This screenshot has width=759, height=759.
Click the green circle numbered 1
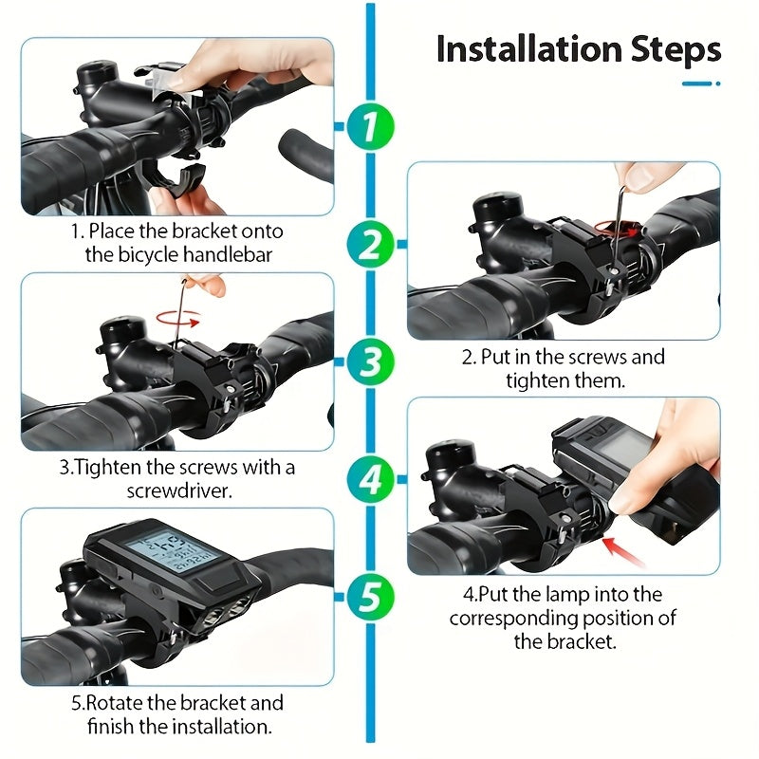(369, 127)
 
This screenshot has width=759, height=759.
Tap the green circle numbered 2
(369, 245)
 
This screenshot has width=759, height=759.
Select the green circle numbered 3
(369, 362)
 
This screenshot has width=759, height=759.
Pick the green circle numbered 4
(369, 479)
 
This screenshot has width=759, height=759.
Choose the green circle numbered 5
(369, 597)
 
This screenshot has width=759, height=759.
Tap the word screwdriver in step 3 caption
(177, 492)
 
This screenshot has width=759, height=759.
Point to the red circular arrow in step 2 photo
(614, 228)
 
